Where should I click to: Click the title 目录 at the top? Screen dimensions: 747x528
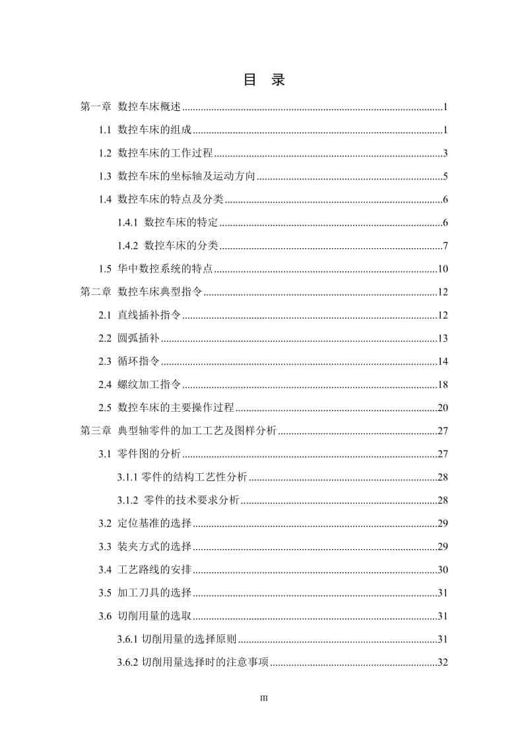[x=264, y=81]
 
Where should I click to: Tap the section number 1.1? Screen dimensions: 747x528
[x=105, y=131]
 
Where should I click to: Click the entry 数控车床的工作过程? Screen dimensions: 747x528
[x=165, y=154]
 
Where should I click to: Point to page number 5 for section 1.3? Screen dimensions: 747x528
[x=445, y=177]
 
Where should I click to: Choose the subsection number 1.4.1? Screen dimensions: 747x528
[x=128, y=223]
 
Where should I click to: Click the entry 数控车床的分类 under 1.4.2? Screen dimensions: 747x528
[x=181, y=246]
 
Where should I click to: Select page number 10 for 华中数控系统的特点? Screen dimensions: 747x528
[x=443, y=269]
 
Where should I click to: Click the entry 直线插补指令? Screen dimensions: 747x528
[x=149, y=315]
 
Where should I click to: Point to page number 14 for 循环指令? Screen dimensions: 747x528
[x=443, y=362]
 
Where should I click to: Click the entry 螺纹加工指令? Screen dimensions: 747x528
[x=149, y=385]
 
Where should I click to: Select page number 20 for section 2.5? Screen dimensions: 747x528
[x=443, y=408]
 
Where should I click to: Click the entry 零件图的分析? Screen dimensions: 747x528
[x=149, y=454]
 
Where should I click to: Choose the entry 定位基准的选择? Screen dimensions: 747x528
[x=154, y=523]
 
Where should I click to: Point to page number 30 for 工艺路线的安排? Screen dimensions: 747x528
[x=443, y=569]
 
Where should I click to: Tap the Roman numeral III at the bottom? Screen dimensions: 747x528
[x=264, y=698]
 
